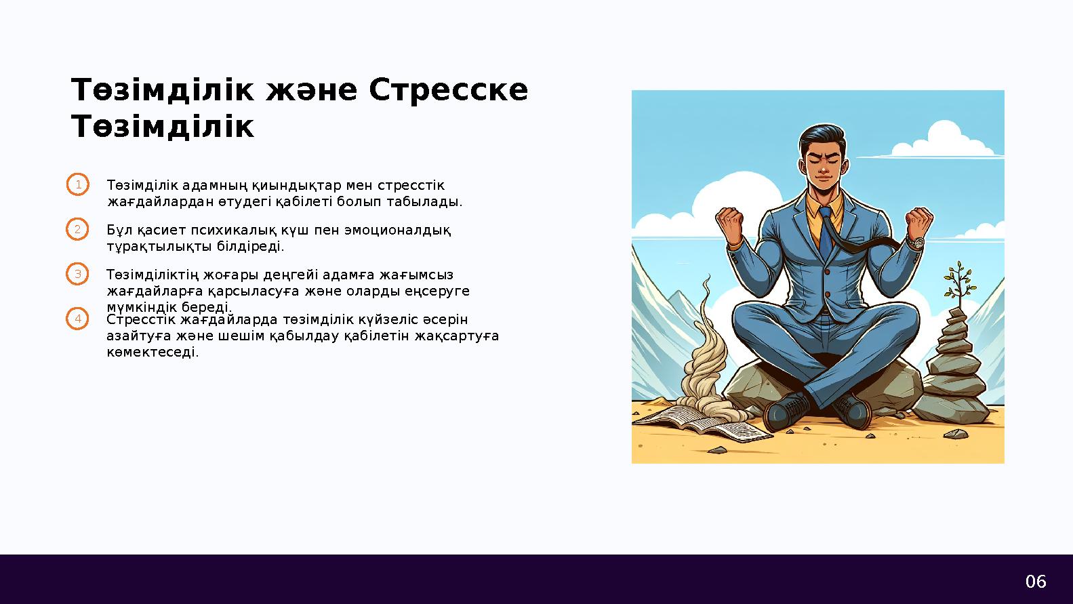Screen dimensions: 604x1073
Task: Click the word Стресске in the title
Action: tap(448, 90)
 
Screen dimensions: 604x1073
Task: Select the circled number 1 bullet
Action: tap(78, 185)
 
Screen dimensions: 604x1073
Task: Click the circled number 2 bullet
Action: tap(78, 230)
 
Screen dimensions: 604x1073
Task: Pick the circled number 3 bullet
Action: tap(78, 275)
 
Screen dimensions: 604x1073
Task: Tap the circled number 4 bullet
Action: tap(78, 319)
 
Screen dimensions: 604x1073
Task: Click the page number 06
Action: tap(1035, 581)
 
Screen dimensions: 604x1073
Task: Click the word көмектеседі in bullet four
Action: tap(153, 352)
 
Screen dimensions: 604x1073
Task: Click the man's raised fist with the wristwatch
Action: tap(919, 226)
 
